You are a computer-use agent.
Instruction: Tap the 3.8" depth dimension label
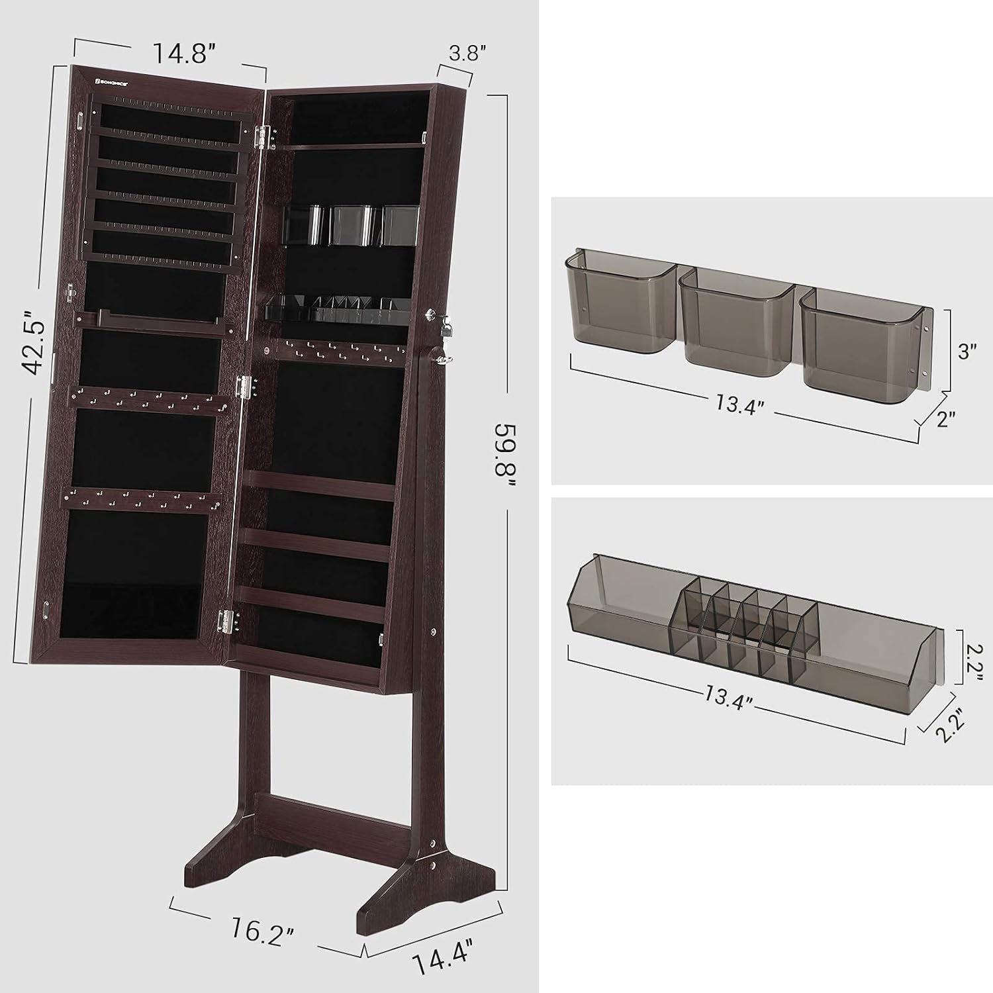point(463,54)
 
